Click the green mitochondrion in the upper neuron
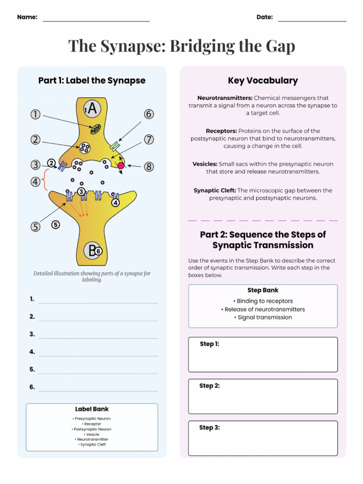(x=96, y=129)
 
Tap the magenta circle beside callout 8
(x=121, y=165)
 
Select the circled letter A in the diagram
(x=92, y=109)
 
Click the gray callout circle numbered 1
(x=35, y=114)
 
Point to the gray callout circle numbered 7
(x=149, y=139)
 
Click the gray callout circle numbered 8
(x=149, y=166)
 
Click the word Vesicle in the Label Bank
(x=92, y=434)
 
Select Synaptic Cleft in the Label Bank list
(x=92, y=445)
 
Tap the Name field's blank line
(x=96, y=21)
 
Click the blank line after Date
(x=312, y=21)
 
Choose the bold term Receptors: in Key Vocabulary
(x=221, y=131)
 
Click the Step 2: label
(x=209, y=386)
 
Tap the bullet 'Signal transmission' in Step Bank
(x=263, y=318)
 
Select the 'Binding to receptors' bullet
(x=263, y=301)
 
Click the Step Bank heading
(x=263, y=290)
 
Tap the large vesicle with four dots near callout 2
(x=85, y=148)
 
